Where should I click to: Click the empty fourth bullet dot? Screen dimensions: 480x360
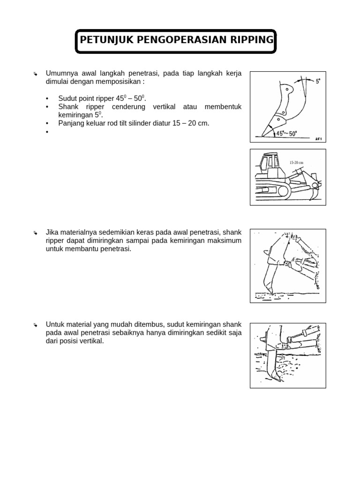click(x=47, y=132)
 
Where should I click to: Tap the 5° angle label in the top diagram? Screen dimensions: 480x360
click(x=318, y=81)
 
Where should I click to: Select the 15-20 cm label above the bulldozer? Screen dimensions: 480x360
click(x=296, y=163)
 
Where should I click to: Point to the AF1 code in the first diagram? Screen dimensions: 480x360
click(x=318, y=139)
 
